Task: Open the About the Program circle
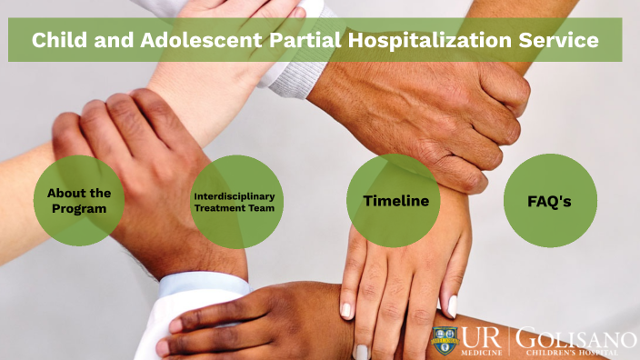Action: coord(79,201)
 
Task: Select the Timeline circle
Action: coord(395,201)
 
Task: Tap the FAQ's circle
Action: coord(550,201)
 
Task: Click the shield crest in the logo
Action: coord(445,341)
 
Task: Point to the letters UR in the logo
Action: coord(481,338)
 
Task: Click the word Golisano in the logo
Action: coord(575,337)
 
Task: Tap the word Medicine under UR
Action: coord(481,353)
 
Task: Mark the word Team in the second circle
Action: coord(261,208)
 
